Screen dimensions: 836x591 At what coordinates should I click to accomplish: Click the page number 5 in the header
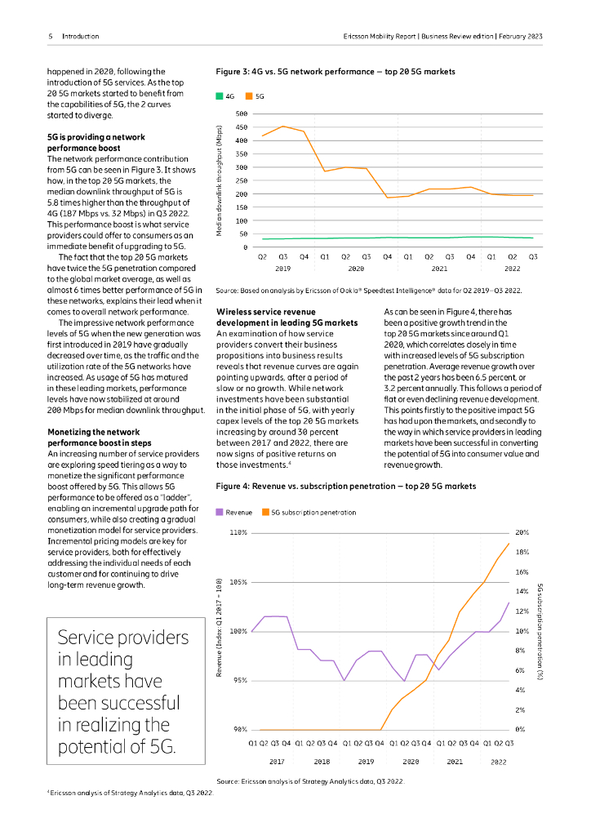click(51, 37)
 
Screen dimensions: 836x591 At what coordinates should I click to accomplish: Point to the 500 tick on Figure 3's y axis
click(241, 113)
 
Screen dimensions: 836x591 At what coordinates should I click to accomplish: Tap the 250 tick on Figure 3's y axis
click(241, 180)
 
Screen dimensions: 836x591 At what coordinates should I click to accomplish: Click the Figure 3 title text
click(335, 71)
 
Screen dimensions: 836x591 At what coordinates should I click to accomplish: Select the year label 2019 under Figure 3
click(282, 268)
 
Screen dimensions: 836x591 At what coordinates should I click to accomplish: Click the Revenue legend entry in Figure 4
click(234, 513)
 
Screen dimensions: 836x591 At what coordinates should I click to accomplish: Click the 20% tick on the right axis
click(522, 532)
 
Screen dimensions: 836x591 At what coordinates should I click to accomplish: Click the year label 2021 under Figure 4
click(454, 761)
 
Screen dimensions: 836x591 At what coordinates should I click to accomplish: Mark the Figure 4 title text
click(345, 487)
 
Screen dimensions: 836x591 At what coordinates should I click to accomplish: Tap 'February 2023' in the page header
click(518, 37)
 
